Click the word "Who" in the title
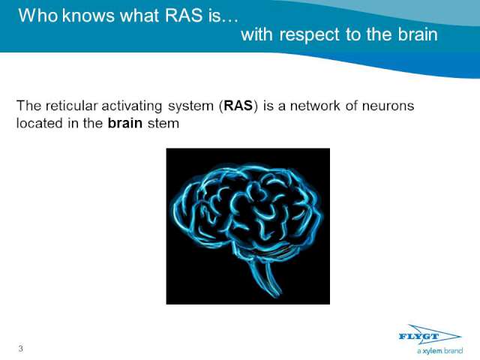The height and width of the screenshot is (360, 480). (x=38, y=15)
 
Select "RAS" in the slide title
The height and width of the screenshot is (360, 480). (x=184, y=15)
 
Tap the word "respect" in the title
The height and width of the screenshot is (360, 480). (x=309, y=35)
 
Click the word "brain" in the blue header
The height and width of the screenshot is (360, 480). (x=418, y=34)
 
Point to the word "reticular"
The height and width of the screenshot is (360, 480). (x=72, y=106)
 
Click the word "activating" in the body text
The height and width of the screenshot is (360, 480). (x=132, y=106)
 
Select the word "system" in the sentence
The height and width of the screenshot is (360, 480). (x=190, y=106)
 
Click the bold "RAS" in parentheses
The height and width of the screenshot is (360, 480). (x=238, y=106)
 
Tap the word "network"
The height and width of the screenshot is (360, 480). (x=315, y=106)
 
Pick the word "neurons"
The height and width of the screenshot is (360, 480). (x=388, y=106)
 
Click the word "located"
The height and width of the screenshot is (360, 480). (x=40, y=123)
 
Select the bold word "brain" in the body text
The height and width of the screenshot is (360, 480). (x=125, y=123)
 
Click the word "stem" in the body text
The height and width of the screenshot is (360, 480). (x=163, y=124)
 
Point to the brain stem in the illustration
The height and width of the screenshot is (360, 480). (x=265, y=277)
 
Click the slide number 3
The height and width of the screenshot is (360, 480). (x=20, y=349)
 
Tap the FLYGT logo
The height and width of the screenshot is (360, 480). (x=430, y=336)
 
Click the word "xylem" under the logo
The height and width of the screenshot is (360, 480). (x=432, y=351)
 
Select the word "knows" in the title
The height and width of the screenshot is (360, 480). (x=88, y=15)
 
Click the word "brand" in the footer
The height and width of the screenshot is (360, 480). (x=453, y=350)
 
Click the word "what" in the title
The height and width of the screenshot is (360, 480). (x=139, y=15)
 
